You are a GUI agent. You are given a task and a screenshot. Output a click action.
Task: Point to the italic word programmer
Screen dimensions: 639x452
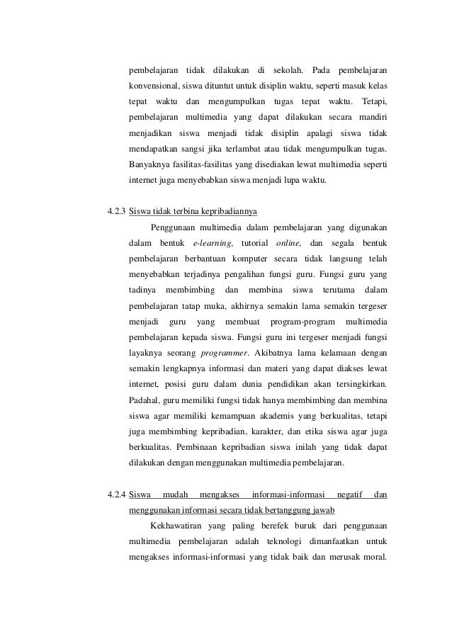[x=225, y=352]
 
